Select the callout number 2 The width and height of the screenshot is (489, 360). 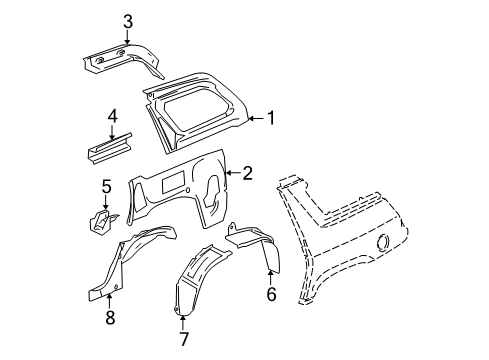[x=247, y=173]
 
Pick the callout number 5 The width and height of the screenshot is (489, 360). [x=105, y=185]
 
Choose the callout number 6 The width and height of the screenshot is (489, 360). [x=269, y=293]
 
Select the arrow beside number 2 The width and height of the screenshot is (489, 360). [x=232, y=173]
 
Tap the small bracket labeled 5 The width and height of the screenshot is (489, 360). [x=104, y=219]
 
